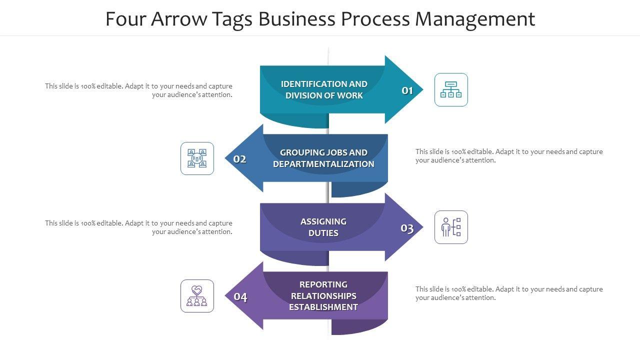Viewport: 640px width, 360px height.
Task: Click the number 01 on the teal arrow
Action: [x=407, y=90]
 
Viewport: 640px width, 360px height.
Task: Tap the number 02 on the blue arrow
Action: [x=240, y=159]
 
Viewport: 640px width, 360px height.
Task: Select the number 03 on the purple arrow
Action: [x=407, y=228]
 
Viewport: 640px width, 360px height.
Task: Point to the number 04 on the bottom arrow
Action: [x=240, y=297]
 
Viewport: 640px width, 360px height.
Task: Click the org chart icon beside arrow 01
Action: [x=451, y=90]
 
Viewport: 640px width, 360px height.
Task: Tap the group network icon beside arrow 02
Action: [x=197, y=158]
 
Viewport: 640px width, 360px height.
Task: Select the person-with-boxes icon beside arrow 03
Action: [x=451, y=227]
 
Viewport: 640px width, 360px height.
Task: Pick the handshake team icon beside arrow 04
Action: [x=197, y=296]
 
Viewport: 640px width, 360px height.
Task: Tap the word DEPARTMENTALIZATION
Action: [x=323, y=164]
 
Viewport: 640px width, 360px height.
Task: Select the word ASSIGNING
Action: [x=323, y=221]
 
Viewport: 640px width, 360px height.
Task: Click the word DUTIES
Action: [x=323, y=233]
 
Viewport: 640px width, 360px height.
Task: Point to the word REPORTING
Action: [x=323, y=284]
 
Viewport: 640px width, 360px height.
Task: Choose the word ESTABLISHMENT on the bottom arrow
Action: [x=323, y=307]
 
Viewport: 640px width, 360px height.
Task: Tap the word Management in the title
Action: [x=475, y=19]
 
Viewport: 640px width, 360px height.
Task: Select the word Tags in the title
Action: [x=231, y=19]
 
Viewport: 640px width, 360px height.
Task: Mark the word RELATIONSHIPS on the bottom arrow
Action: [x=323, y=296]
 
